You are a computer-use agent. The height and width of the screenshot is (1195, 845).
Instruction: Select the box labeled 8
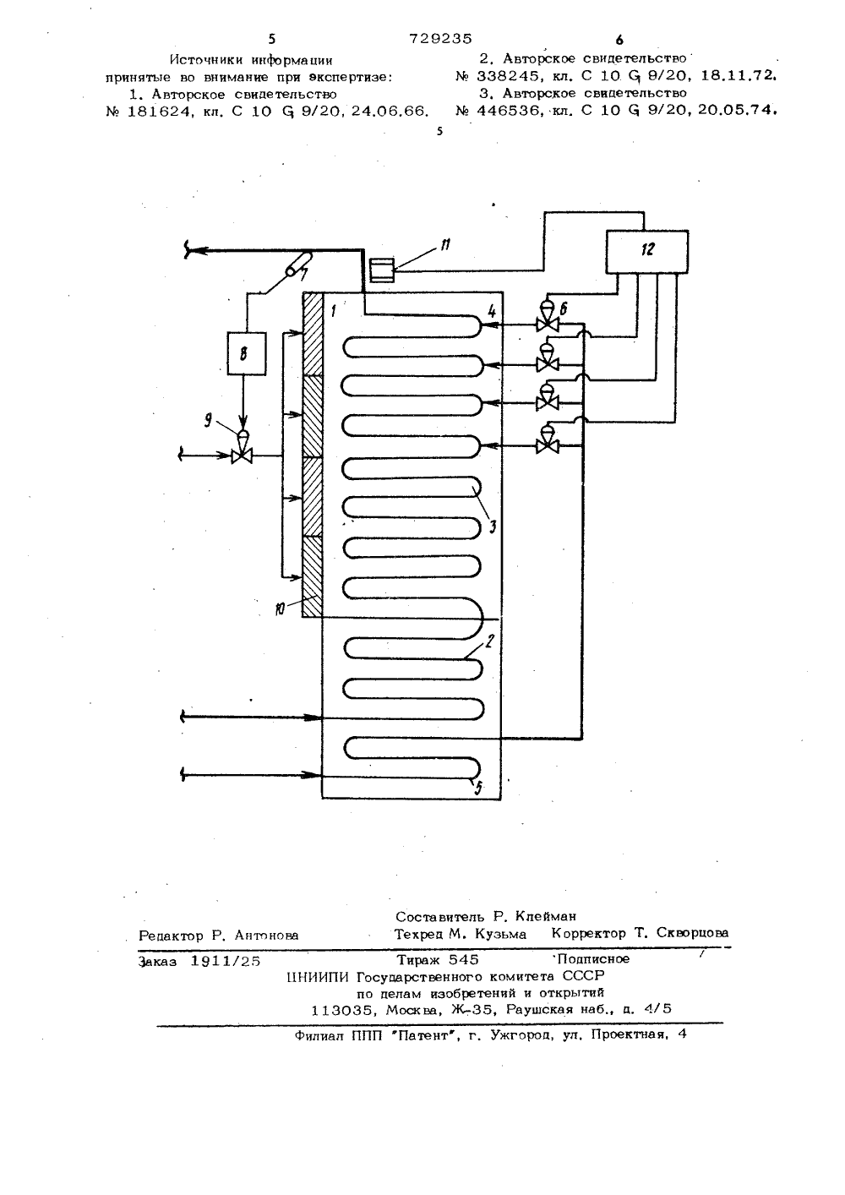coord(247,353)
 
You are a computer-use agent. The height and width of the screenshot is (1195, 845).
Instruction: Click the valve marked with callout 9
coord(242,447)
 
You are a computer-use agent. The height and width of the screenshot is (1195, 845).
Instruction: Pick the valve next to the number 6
coord(548,318)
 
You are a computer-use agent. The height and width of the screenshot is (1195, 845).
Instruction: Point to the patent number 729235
coord(440,39)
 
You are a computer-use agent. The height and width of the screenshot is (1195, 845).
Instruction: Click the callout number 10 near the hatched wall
coord(279,609)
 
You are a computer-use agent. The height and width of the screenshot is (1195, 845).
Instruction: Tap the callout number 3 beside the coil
coord(493,527)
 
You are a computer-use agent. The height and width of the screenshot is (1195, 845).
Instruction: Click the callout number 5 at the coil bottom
coord(478,788)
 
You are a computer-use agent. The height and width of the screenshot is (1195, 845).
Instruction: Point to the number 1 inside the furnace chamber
coord(334,310)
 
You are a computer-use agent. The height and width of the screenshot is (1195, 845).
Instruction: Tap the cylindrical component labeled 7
coord(299,263)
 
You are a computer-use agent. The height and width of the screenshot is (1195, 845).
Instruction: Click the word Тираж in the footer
coord(419,959)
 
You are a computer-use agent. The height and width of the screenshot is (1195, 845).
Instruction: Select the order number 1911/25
coord(226,961)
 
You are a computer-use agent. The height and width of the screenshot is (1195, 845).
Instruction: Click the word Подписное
coord(593,958)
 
